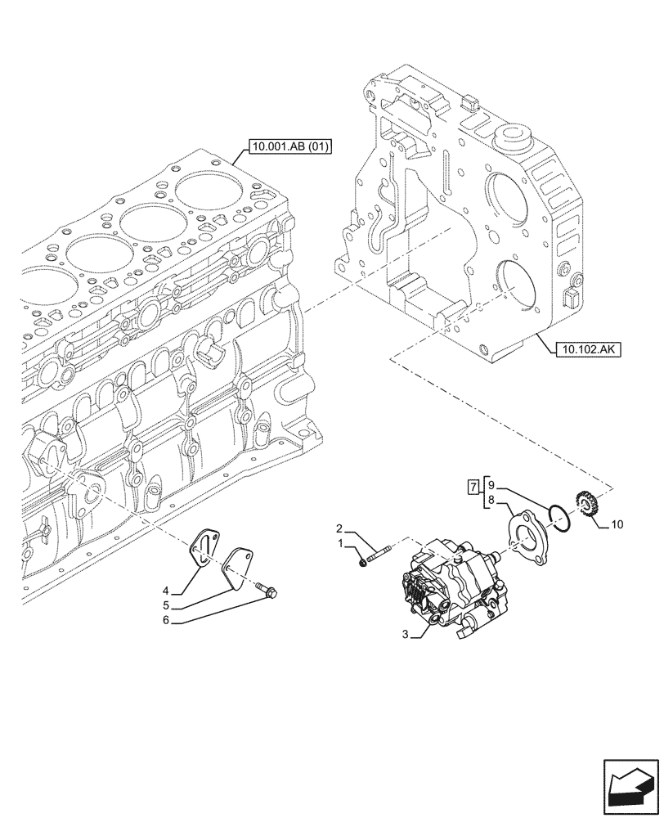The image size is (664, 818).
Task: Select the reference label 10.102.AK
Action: [x=588, y=349]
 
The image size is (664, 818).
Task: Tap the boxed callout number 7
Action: [x=473, y=488]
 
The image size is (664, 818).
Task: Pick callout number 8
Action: [x=491, y=499]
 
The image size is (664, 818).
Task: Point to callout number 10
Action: [x=617, y=524]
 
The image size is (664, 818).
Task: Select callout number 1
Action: [x=339, y=543]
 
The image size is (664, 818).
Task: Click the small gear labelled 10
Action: [x=586, y=501]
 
